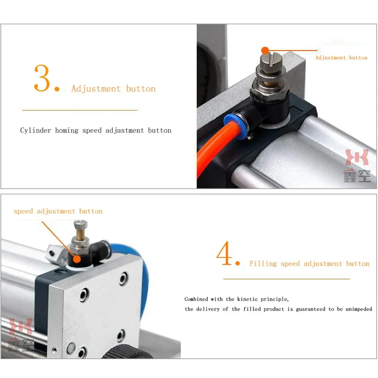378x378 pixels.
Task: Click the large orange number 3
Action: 42,78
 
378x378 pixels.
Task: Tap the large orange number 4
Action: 224,253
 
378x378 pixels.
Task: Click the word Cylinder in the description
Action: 36,130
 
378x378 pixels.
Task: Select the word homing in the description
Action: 67,131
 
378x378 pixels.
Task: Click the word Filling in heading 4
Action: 263,264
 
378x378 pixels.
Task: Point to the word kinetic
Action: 247,299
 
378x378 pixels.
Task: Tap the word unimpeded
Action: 359,309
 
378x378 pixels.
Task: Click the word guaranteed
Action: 310,309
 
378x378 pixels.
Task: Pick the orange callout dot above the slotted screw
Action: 265,51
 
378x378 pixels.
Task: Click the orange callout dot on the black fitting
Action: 77,259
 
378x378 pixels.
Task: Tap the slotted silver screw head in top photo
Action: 271,61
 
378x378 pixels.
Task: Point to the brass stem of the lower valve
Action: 80,233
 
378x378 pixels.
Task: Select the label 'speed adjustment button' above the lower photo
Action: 58,211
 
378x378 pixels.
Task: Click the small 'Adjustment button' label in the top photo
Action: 341,58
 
